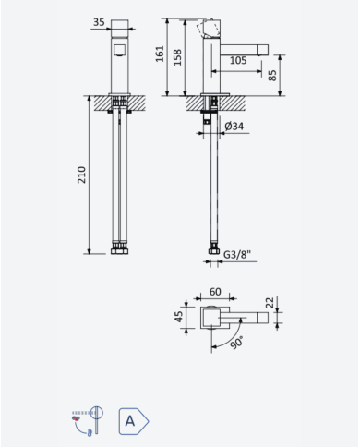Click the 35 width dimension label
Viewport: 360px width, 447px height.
pyautogui.click(x=99, y=22)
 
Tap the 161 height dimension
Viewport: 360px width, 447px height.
pyautogui.click(x=160, y=54)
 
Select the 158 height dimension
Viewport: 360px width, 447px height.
pyautogui.click(x=177, y=57)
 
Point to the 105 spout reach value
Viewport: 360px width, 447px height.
pyautogui.click(x=238, y=60)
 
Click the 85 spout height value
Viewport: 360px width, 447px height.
pyautogui.click(x=272, y=76)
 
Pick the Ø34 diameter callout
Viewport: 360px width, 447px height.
pyautogui.click(x=234, y=126)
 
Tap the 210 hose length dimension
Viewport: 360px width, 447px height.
pyautogui.click(x=81, y=175)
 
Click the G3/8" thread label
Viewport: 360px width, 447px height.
pyautogui.click(x=237, y=254)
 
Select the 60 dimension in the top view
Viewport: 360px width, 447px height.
pyautogui.click(x=215, y=292)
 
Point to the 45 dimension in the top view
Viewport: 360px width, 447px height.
pyautogui.click(x=178, y=317)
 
